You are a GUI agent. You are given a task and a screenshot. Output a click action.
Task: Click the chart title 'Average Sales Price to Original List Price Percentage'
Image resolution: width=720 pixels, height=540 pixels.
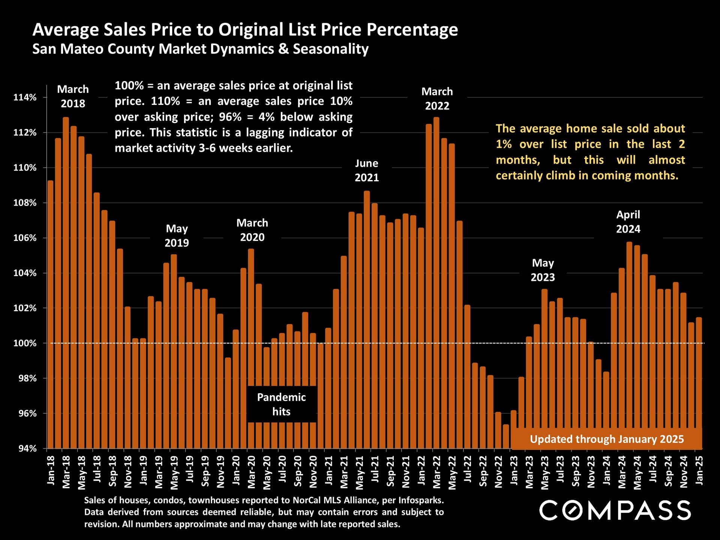[x=245, y=30]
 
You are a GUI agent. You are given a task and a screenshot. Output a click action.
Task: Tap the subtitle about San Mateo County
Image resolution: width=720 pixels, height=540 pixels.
[x=200, y=49]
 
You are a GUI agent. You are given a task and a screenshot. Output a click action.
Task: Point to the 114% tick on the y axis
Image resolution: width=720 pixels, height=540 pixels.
[x=25, y=97]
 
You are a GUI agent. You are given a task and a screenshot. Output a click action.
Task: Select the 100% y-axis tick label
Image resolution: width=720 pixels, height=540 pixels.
[x=25, y=343]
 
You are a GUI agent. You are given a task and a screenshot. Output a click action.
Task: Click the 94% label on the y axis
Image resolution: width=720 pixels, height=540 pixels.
[x=27, y=448]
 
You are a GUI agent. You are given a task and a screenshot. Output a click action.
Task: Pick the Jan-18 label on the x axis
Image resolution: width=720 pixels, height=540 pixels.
[x=51, y=470]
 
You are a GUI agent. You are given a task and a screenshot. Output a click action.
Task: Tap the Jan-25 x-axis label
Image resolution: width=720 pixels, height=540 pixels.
[x=699, y=470]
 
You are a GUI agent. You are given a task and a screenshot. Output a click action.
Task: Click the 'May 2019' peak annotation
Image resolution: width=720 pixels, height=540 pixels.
[x=177, y=235]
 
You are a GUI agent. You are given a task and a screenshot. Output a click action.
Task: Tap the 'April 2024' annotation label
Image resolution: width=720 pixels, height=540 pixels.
[x=628, y=222]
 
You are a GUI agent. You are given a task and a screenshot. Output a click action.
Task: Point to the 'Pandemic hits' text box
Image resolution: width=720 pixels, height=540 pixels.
[x=281, y=404]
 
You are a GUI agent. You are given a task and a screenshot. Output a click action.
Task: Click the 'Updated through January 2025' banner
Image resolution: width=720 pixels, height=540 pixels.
[x=607, y=439]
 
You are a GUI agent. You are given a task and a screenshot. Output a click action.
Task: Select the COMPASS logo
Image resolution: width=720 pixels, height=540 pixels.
[x=615, y=510]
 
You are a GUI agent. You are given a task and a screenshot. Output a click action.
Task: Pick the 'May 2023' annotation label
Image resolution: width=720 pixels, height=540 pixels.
[x=543, y=270]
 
